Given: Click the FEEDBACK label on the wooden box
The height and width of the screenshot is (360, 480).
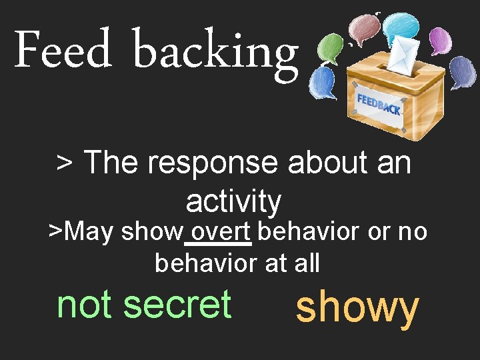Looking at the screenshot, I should [x=378, y=104].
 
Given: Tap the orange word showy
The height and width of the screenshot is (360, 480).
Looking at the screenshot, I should [x=357, y=308].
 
